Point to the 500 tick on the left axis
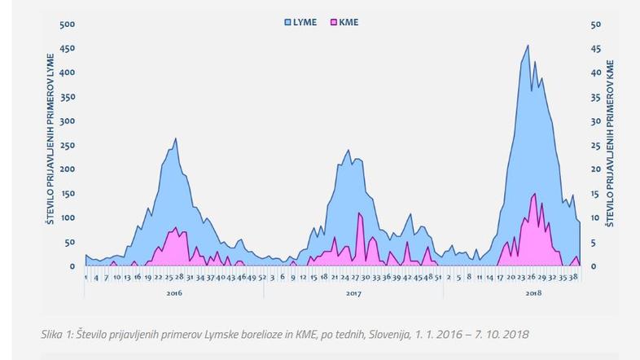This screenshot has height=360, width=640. pyautogui.click(x=69, y=24)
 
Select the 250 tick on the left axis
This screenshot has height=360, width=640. pyautogui.click(x=69, y=145)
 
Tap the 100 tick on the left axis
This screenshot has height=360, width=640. pyautogui.click(x=69, y=218)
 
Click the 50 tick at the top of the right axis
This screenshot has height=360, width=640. pyautogui.click(x=595, y=24)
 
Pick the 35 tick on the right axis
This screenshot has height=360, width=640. pyautogui.click(x=595, y=97)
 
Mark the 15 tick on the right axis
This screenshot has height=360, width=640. pyautogui.click(x=595, y=194)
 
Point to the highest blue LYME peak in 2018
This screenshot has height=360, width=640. pyautogui.click(x=528, y=46)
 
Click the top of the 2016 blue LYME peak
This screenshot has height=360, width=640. pyautogui.click(x=176, y=138)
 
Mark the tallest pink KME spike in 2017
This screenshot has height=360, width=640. pyautogui.click(x=359, y=213)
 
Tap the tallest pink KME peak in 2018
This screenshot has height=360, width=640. pyautogui.click(x=534, y=194)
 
